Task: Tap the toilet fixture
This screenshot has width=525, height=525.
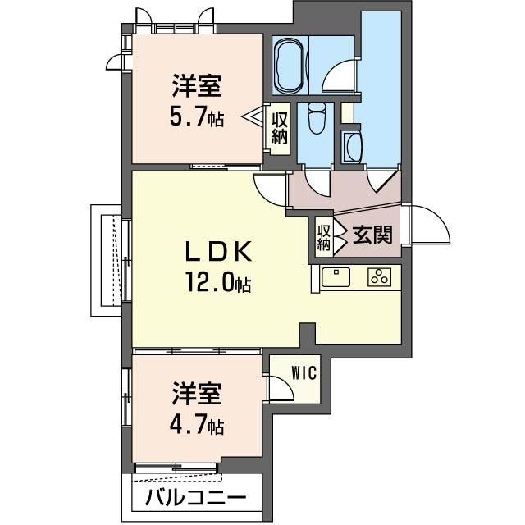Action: click(x=317, y=118)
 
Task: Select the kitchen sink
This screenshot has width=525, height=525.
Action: click(x=336, y=277)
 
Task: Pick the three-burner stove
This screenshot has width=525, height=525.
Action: click(x=379, y=277)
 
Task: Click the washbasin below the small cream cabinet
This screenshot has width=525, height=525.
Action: click(x=352, y=146)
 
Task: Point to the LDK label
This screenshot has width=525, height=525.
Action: click(x=218, y=252)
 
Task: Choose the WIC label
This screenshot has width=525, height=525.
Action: click(x=304, y=372)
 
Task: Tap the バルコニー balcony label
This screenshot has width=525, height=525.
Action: click(x=196, y=497)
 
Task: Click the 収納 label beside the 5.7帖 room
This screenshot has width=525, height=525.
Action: click(x=279, y=128)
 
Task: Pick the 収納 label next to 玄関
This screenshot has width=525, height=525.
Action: click(x=324, y=237)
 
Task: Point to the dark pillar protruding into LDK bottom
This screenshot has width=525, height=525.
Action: click(x=308, y=334)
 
